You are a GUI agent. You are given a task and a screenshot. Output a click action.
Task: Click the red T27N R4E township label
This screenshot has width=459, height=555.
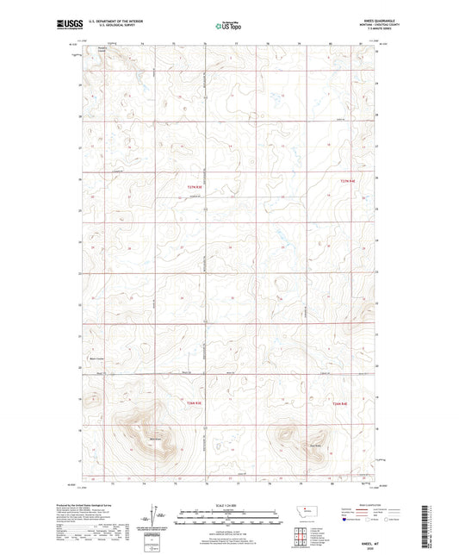[x=346, y=180]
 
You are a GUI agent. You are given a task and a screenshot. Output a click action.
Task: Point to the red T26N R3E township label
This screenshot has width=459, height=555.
[x=194, y=402]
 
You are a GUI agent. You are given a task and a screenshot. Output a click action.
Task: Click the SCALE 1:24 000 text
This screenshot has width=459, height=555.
[x=230, y=504]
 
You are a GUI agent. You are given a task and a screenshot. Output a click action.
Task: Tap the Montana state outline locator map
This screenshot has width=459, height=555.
[x=307, y=511]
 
